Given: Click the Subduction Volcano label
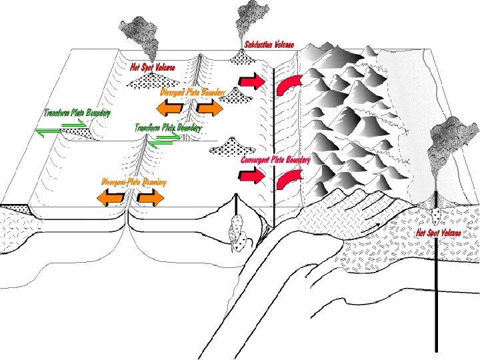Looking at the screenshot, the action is pos(269,45).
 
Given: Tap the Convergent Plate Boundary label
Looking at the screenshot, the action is pos(275,160).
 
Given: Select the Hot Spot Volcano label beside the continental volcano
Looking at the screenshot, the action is pos(439,233).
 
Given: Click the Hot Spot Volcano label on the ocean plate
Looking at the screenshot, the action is pos(153,67).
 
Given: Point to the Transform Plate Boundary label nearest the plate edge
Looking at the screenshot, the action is pos(77,113).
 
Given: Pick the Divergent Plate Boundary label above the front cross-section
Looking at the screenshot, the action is pos(134,182).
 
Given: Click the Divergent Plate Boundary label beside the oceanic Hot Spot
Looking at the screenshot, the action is pos(193,92).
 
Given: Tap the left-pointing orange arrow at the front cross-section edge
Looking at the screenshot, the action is pos(111,198).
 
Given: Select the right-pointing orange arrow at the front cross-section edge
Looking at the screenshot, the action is pos(150,198).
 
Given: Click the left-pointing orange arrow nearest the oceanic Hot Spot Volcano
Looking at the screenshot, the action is pos(170,108).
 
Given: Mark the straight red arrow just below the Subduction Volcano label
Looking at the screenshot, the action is pos(251,81).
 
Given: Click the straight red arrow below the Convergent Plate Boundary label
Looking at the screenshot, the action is pos(251,176).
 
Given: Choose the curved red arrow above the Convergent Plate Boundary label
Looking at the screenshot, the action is pos(288,85).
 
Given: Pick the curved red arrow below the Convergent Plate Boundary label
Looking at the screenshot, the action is pos(288,180).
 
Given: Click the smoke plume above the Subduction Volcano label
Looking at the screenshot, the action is pos(251,21).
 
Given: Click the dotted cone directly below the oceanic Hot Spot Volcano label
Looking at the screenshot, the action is pos(153,80).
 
